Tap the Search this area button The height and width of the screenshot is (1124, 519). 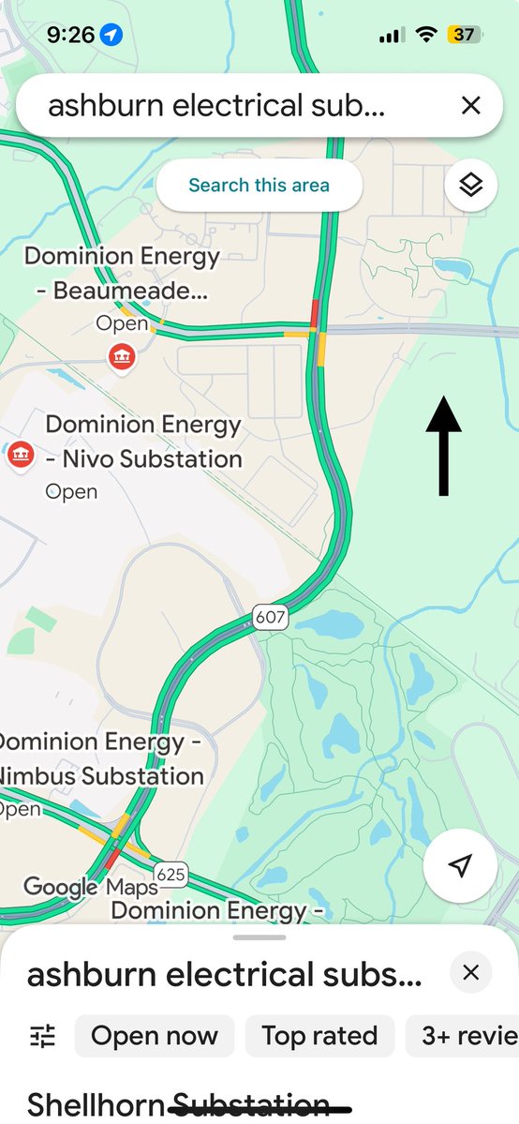259,185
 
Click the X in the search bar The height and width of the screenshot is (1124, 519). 470,105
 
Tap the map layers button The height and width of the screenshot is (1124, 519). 470,185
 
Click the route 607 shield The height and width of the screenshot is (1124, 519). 269,618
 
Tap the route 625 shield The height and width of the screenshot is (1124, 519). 171,875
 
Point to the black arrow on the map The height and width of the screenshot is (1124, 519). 444,445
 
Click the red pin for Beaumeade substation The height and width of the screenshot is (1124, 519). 120,356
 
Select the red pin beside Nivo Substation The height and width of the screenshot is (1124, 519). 20,456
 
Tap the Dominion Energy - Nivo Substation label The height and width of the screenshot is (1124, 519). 143,442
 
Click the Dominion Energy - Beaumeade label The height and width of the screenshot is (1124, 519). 122,273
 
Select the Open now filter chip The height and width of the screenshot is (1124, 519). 155,1035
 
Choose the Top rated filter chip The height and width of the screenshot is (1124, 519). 319,1035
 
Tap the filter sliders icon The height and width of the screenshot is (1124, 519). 43,1035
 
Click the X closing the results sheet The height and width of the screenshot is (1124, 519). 470,973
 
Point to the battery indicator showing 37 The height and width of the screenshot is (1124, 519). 463,35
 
